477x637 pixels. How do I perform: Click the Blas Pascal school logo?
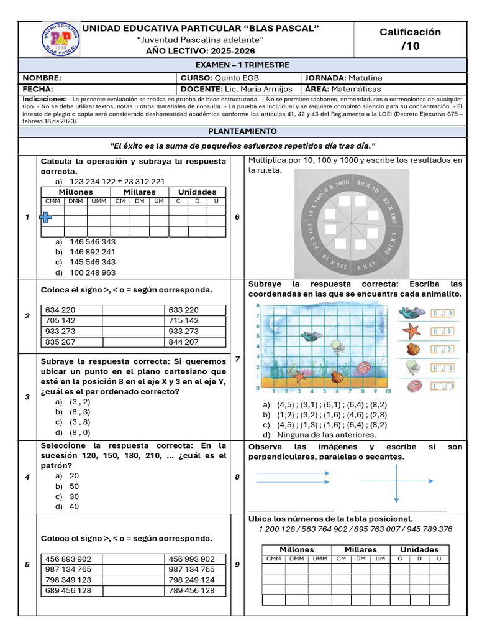click(60, 39)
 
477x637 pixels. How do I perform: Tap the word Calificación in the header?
click(410, 32)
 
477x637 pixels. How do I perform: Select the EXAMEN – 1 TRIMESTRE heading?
click(242, 65)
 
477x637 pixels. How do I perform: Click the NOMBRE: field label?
click(42, 78)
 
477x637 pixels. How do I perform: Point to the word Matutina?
click(365, 78)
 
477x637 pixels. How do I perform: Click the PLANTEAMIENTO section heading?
click(242, 132)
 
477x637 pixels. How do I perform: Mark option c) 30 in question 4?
click(75, 496)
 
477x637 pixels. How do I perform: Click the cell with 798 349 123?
click(68, 580)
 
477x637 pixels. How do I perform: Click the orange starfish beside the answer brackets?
click(411, 331)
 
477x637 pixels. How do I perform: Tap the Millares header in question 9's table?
click(360, 549)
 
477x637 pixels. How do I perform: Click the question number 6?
click(238, 216)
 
